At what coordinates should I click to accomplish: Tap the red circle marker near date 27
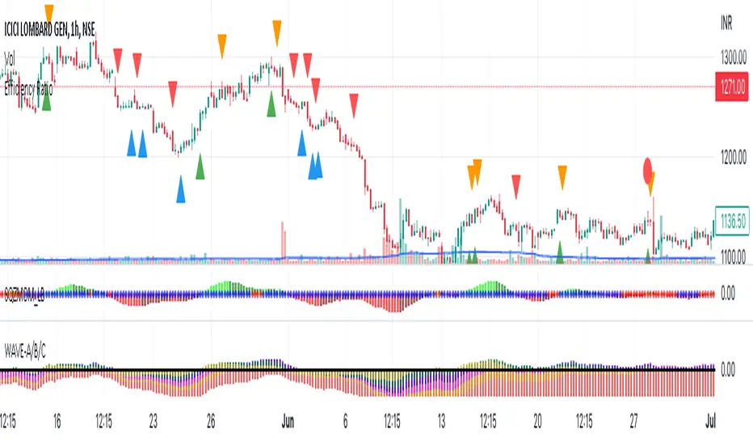647,169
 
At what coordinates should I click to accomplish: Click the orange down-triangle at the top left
49,12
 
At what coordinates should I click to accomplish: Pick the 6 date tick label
346,422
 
